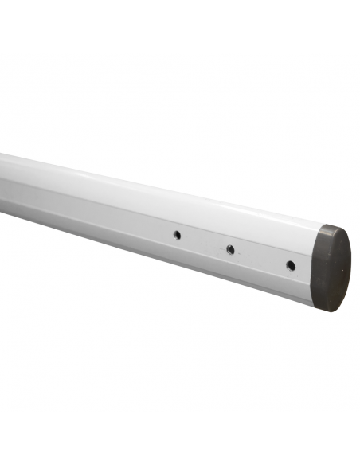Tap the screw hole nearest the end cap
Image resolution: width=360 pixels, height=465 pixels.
(291, 264)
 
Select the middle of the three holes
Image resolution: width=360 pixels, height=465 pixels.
(230, 249)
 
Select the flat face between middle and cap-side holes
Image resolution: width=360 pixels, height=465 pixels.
(260, 256)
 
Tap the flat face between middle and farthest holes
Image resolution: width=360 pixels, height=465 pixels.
(203, 242)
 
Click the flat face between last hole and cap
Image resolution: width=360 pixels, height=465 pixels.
(306, 268)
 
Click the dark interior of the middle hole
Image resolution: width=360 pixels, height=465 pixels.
(230, 249)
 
